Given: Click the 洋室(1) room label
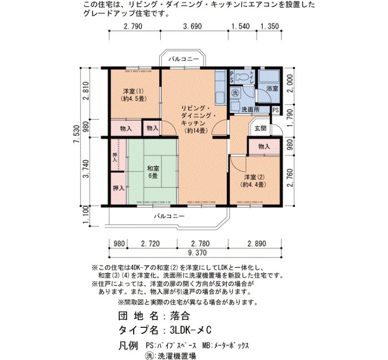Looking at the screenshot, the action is tap(134, 95).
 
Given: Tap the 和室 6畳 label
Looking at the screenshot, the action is tap(153, 172).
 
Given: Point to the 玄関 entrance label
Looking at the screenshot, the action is tap(261, 128).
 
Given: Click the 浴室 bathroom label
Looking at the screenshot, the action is tap(272, 88).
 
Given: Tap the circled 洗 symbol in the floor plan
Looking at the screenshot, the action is tap(236, 93).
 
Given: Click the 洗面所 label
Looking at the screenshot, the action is tap(251, 110).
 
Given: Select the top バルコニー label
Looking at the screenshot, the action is tap(184, 59).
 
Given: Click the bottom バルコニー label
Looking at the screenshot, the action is tap(170, 216).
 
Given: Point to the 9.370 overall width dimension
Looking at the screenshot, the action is tap(197, 253).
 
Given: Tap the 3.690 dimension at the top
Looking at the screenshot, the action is tap(192, 26).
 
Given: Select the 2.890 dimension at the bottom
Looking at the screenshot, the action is tap(257, 244).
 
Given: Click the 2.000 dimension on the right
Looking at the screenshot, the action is tap(290, 83).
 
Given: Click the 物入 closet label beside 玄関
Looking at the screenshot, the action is tap(264, 146).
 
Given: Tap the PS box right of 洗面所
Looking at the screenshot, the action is tap(275, 110).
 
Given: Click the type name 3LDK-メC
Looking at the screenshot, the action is tap(191, 330).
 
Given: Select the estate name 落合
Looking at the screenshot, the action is tap(180, 316).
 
